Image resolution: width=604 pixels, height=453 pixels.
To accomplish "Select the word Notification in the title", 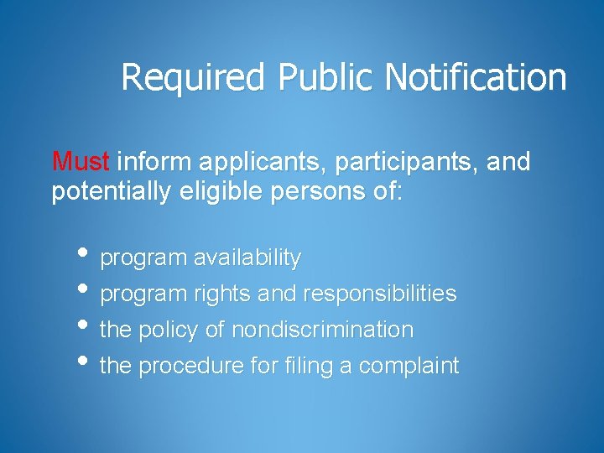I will pos(476,78).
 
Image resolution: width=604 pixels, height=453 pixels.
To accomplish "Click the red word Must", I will pos(82,161).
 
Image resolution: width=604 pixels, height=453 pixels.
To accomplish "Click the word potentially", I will pos(112,193).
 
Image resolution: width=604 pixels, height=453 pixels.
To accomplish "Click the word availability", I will pos(247,258).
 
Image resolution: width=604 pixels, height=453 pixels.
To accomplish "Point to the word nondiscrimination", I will pos(322,330).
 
